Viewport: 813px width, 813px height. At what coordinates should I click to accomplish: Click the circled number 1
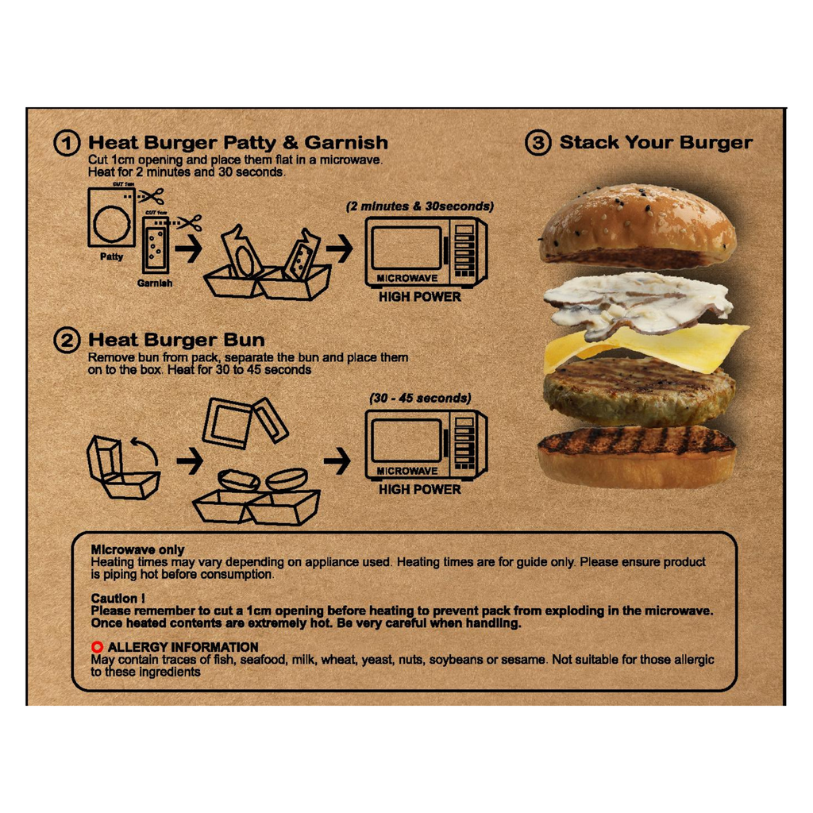point(67,143)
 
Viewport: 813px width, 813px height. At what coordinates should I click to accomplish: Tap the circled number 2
point(67,340)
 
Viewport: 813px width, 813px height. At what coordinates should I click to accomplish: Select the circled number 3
point(538,143)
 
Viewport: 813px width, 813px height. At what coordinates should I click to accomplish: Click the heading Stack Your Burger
point(656,142)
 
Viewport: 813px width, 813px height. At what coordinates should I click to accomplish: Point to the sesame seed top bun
point(638,225)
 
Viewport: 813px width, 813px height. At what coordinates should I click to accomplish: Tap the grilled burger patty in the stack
point(639,392)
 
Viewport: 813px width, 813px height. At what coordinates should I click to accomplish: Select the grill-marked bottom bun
point(638,457)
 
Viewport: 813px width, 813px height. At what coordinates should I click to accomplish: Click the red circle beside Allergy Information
point(97,647)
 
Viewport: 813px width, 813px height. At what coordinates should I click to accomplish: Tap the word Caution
point(114,599)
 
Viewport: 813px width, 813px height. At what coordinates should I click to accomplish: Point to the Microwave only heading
point(138,549)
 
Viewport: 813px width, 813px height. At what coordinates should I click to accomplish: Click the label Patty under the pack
point(111,256)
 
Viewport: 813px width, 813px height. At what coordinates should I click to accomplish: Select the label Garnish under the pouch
point(155,283)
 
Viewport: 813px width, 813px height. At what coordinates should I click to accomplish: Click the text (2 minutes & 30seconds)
point(420,206)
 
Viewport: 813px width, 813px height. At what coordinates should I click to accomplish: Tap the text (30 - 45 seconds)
point(421,399)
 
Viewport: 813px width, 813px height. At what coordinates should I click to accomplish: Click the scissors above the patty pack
point(151,196)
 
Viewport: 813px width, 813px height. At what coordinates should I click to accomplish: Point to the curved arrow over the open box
point(146,449)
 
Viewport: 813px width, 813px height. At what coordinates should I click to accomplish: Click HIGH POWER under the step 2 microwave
point(420,489)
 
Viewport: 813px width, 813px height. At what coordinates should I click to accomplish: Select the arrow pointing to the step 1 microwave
point(339,249)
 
